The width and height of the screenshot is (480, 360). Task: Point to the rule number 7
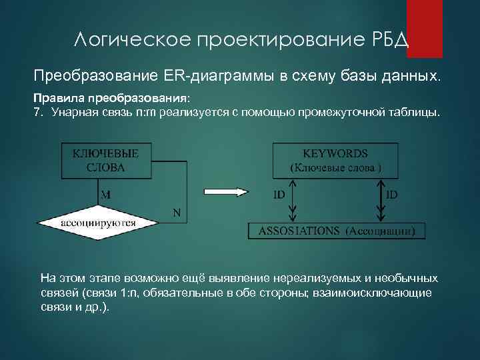coord(37,111)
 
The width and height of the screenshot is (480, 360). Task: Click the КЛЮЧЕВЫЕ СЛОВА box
coord(106,161)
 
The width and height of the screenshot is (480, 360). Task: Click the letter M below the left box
coord(106,195)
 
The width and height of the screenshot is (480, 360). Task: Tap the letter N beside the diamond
coord(177,213)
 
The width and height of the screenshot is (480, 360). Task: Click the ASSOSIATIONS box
coord(337,231)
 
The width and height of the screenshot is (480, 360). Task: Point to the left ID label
coord(280,195)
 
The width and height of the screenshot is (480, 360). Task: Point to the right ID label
coord(393,195)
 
